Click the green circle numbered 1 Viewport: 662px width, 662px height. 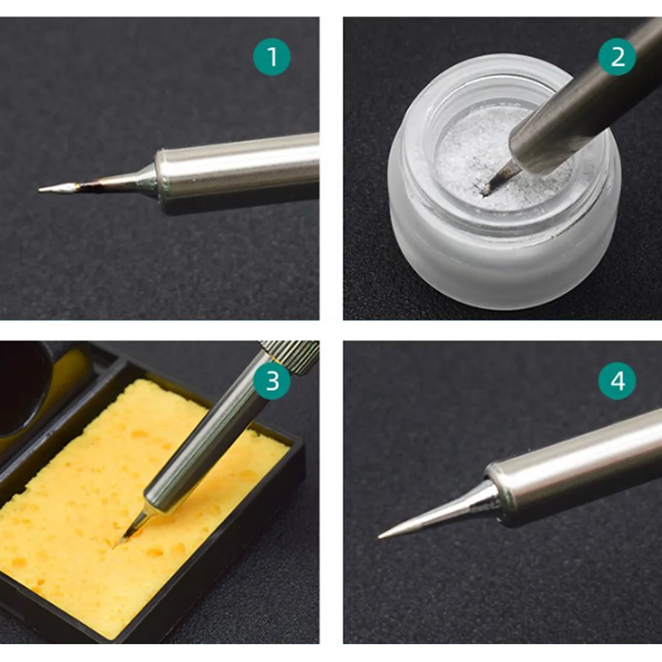click(272, 57)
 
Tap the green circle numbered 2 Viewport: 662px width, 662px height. click(617, 57)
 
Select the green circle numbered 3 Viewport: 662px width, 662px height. click(272, 380)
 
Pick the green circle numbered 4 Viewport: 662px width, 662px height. click(617, 380)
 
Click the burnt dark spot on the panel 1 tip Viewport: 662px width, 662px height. click(89, 186)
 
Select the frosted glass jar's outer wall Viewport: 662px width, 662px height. click(503, 262)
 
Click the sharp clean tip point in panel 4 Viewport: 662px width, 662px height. click(380, 537)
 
